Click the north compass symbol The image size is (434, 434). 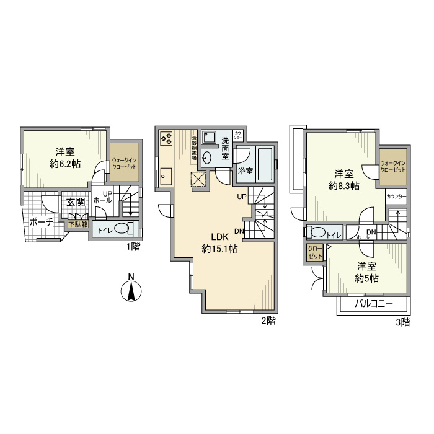pyautogui.click(x=131, y=290)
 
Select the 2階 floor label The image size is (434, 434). pyautogui.click(x=267, y=321)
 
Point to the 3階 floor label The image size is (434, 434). pyautogui.click(x=402, y=322)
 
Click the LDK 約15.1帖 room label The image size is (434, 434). pyautogui.click(x=220, y=242)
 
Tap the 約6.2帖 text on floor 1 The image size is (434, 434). pyautogui.click(x=65, y=164)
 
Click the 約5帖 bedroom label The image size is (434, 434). pyautogui.click(x=367, y=278)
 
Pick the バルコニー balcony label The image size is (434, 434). pyautogui.click(x=373, y=304)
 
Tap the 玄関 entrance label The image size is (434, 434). pyautogui.click(x=76, y=202)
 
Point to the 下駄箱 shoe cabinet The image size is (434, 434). pyautogui.click(x=78, y=224)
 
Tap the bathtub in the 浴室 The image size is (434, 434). pyautogui.click(x=263, y=163)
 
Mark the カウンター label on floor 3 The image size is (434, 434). pyautogui.click(x=396, y=197)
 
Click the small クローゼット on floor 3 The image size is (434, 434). pyautogui.click(x=315, y=252)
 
